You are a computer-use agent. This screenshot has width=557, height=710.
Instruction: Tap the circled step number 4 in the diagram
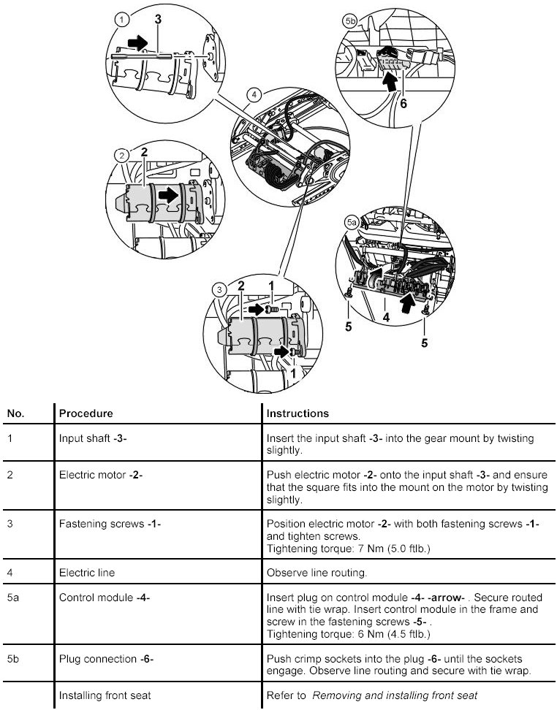coord(254,95)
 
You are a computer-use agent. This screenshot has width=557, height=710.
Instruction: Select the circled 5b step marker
coord(350,22)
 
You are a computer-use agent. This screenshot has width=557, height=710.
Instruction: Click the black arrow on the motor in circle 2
coord(168,195)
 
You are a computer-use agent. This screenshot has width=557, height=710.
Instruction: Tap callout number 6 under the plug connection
coord(402,103)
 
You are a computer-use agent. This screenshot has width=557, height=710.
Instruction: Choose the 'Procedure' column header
coord(86,413)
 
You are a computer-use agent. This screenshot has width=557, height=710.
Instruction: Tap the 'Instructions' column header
coord(298,413)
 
